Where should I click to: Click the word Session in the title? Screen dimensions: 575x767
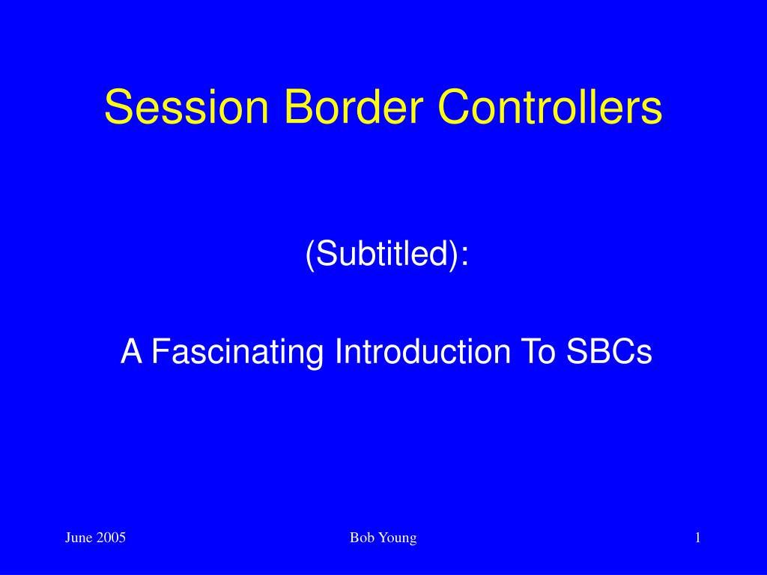[x=186, y=107]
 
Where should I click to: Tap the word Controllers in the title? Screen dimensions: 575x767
[x=550, y=107]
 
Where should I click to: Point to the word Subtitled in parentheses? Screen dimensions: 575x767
[x=383, y=255]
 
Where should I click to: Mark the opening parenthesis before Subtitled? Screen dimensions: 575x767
[x=309, y=255]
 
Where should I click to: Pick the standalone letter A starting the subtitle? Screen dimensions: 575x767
[x=131, y=351]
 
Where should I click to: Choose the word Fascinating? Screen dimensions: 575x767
[x=240, y=351]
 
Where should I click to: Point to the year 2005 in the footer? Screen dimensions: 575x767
[x=112, y=538]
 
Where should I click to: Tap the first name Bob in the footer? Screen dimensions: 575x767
[x=361, y=538]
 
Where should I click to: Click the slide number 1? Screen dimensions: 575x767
[x=697, y=538]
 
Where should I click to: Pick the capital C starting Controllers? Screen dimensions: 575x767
[x=452, y=107]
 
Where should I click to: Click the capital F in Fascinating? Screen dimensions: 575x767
[x=159, y=351]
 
